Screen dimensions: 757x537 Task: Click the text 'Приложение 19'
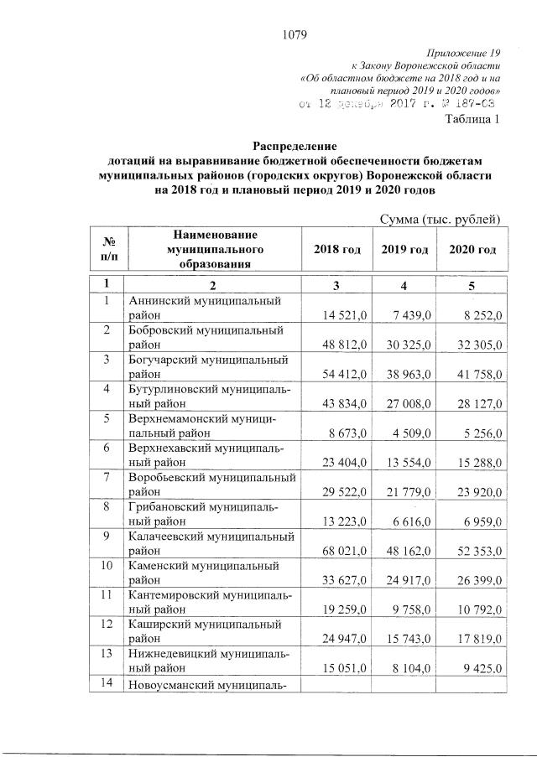tap(465, 54)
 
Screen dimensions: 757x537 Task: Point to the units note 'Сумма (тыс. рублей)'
tap(441, 220)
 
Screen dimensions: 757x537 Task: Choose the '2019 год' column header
tap(404, 250)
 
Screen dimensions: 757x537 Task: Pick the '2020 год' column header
tap(472, 250)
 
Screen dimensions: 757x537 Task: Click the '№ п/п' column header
tap(107, 250)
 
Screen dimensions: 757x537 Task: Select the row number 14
tap(107, 683)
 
